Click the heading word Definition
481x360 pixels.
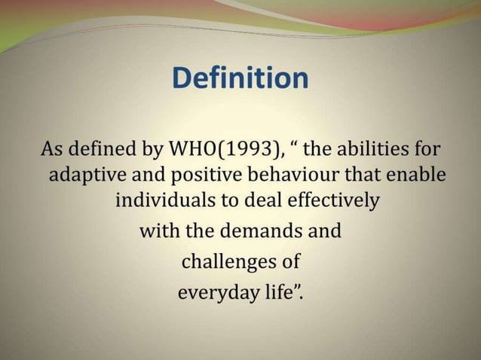(x=240, y=79)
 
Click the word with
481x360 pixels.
(x=157, y=230)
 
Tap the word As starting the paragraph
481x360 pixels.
(x=53, y=148)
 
